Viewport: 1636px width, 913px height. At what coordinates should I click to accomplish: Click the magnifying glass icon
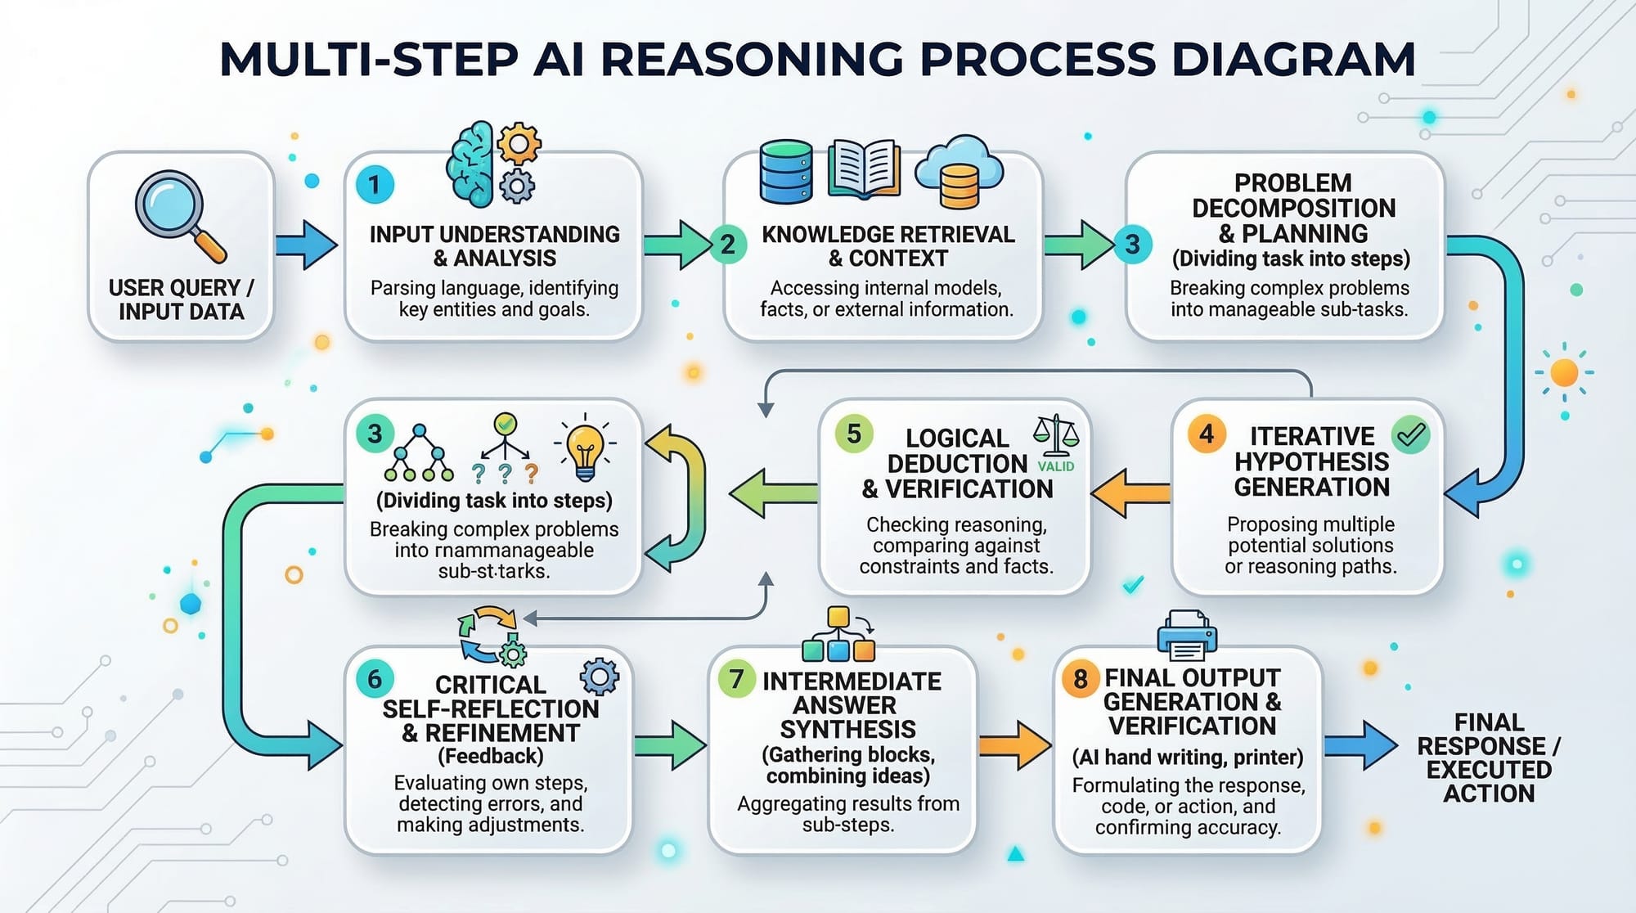click(176, 213)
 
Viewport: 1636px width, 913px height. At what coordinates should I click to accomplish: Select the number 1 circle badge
click(375, 185)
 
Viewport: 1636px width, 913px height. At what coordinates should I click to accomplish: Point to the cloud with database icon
click(959, 173)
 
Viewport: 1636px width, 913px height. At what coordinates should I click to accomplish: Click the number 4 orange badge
click(1207, 434)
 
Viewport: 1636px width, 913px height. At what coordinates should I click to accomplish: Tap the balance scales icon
click(1056, 435)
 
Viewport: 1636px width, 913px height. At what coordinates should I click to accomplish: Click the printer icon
click(1187, 635)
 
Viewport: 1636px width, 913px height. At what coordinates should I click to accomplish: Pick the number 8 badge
click(1081, 679)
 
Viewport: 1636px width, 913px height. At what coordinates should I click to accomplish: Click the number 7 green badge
click(736, 679)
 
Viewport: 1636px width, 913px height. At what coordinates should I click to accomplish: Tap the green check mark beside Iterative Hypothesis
click(1411, 434)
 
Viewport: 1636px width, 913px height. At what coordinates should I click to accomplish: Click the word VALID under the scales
click(1056, 466)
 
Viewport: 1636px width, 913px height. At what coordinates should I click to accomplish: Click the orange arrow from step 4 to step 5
click(1130, 492)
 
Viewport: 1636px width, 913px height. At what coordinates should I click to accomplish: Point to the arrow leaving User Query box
click(306, 245)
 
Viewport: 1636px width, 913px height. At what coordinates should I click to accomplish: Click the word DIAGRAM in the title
click(1292, 59)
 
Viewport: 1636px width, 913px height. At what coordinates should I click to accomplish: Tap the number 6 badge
click(375, 679)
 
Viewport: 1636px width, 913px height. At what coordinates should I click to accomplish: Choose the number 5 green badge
click(854, 434)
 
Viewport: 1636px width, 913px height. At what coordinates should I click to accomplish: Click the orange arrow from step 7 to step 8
click(1014, 744)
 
